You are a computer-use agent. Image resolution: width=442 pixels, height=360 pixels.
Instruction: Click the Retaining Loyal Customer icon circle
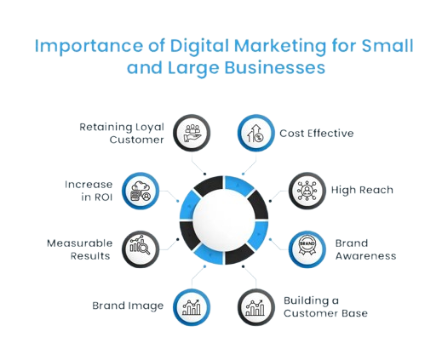pyautogui.click(x=192, y=133)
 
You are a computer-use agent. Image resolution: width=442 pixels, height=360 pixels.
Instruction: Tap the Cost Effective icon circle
pyautogui.click(x=256, y=133)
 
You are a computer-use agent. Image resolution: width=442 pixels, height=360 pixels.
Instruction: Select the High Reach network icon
pyautogui.click(x=307, y=191)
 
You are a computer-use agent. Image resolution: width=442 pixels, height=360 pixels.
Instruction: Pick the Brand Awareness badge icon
pyautogui.click(x=307, y=245)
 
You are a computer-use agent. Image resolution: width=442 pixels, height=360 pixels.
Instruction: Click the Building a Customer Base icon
pyautogui.click(x=255, y=308)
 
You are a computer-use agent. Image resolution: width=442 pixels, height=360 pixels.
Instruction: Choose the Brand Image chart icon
pyautogui.click(x=192, y=307)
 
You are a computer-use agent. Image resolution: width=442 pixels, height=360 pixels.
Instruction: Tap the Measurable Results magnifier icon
pyautogui.click(x=141, y=245)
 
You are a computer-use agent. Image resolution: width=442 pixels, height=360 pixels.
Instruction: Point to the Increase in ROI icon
pyautogui.click(x=141, y=191)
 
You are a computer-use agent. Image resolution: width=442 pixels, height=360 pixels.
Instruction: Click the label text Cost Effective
pyautogui.click(x=317, y=133)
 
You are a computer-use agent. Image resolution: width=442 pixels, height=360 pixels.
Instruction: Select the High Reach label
pyautogui.click(x=362, y=190)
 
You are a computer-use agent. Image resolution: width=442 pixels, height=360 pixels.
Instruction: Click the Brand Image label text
pyautogui.click(x=128, y=306)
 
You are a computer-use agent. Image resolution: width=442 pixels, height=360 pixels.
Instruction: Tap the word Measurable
pyautogui.click(x=80, y=243)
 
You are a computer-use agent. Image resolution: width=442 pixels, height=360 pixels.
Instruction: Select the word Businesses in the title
pyautogui.click(x=275, y=68)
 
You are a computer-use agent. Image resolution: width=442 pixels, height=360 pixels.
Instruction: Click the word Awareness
pyautogui.click(x=365, y=256)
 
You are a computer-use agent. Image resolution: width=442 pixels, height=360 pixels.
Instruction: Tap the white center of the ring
pyautogui.click(x=224, y=220)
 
